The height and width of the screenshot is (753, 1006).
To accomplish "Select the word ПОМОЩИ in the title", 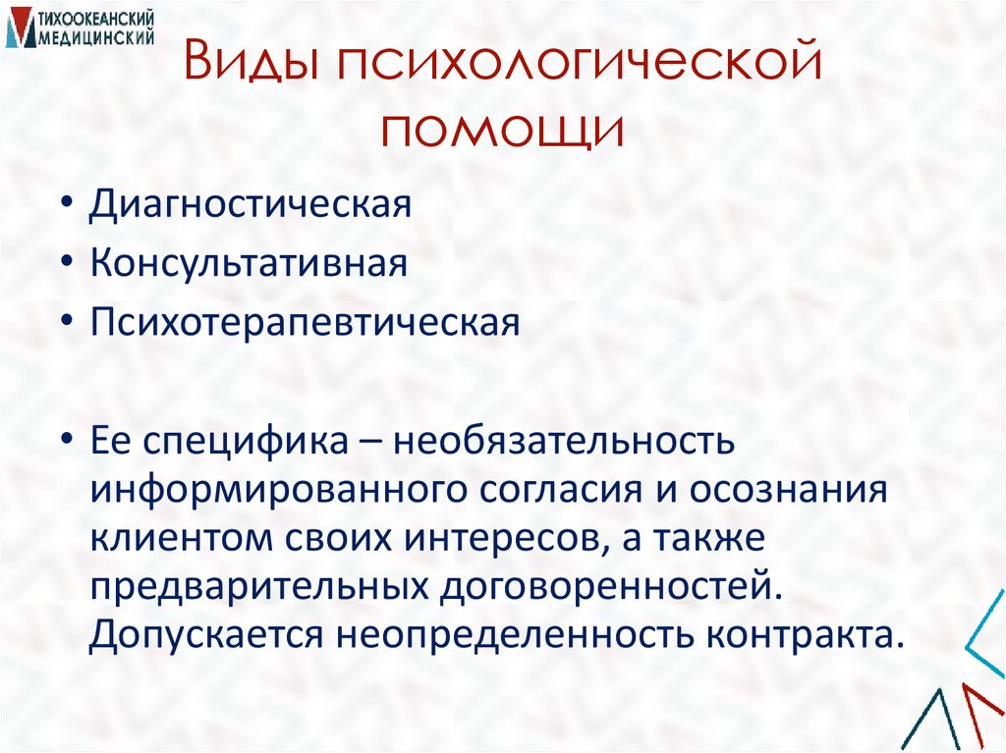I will [x=503, y=131].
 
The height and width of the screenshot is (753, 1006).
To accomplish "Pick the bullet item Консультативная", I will [x=250, y=265].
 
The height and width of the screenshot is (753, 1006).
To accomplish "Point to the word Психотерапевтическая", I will [x=306, y=322].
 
